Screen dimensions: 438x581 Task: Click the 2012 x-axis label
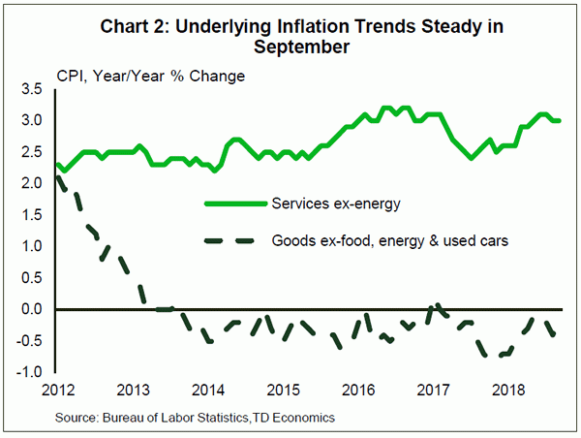[x=57, y=390]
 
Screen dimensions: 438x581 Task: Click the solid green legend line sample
[x=236, y=203]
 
